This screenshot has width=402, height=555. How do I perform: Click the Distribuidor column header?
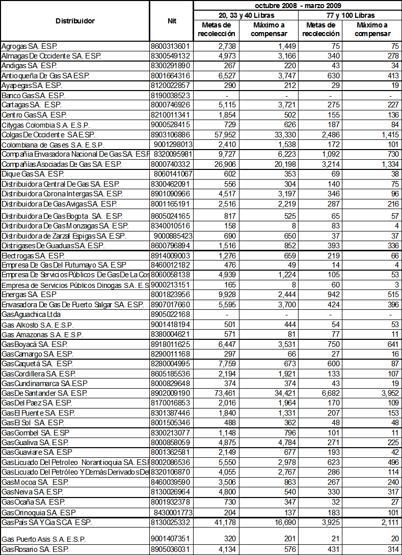pos(75,21)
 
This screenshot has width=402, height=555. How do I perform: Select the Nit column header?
pos(172,21)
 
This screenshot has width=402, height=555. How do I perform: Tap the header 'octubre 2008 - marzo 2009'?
pos(298,5)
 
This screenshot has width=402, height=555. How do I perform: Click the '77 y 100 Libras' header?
pos(349,16)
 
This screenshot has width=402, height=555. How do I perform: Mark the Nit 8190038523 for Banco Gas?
pos(170,96)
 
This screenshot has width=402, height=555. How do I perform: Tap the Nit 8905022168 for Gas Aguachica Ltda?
pos(170,314)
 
